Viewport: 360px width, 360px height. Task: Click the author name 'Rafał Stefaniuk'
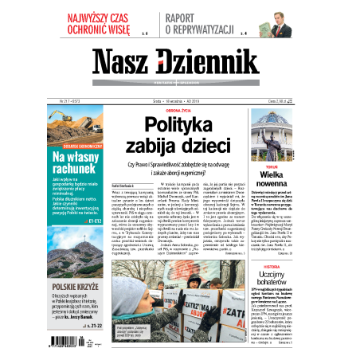[x=115, y=185]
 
